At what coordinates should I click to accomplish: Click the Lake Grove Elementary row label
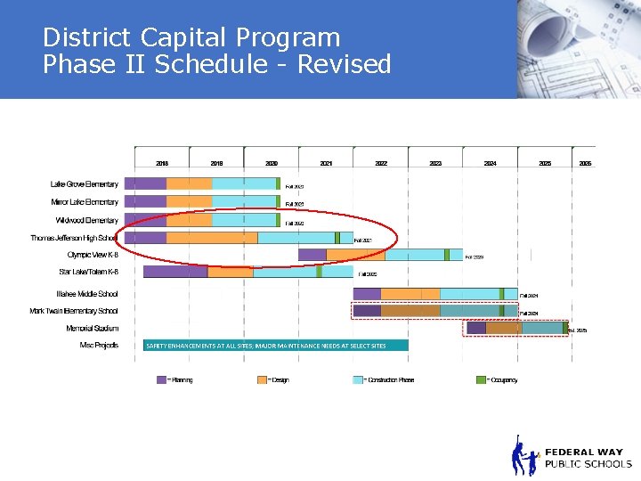pyautogui.click(x=84, y=184)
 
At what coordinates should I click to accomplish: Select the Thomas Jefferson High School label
pyautogui.click(x=74, y=238)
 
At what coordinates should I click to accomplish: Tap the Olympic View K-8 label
pyautogui.click(x=93, y=255)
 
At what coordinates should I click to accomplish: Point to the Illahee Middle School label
pyautogui.click(x=87, y=294)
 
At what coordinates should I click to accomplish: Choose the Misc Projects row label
pyautogui.click(x=99, y=345)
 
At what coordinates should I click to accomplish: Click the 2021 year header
pyautogui.click(x=326, y=164)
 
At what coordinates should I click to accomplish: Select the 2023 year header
pyautogui.click(x=435, y=164)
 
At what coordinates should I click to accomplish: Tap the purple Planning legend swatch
pyautogui.click(x=161, y=379)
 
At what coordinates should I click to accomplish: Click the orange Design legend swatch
pyautogui.click(x=262, y=379)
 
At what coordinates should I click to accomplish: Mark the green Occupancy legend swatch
pyautogui.click(x=481, y=379)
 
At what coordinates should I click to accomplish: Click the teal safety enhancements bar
pyautogui.click(x=276, y=345)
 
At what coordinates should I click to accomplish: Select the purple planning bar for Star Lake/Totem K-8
pyautogui.click(x=174, y=272)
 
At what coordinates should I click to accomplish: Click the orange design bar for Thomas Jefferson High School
pyautogui.click(x=212, y=238)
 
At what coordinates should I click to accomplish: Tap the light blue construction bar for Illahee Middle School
pyautogui.click(x=469, y=294)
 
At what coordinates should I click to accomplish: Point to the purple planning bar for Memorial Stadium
pyautogui.click(x=476, y=328)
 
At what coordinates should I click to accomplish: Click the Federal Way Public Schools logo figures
pyautogui.click(x=524, y=456)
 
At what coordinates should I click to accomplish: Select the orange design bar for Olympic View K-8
pyautogui.click(x=355, y=255)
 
